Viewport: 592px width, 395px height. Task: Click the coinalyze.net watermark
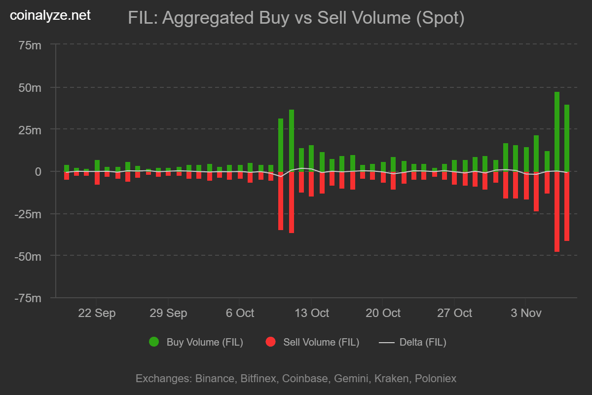point(50,16)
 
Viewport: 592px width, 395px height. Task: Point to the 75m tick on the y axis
point(30,45)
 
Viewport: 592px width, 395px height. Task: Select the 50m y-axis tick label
point(30,87)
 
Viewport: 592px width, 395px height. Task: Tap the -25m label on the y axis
point(28,214)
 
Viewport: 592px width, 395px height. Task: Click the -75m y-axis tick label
point(28,298)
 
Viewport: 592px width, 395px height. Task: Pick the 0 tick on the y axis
point(37,172)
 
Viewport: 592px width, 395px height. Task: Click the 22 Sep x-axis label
point(97,313)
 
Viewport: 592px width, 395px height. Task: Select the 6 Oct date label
point(239,313)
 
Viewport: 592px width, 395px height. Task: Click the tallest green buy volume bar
point(556,131)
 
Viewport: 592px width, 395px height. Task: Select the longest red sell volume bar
point(556,212)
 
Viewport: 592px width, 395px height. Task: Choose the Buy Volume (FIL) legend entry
point(196,342)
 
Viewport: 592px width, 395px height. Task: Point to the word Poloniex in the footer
point(436,379)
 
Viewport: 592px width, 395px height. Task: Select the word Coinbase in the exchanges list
point(304,379)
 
